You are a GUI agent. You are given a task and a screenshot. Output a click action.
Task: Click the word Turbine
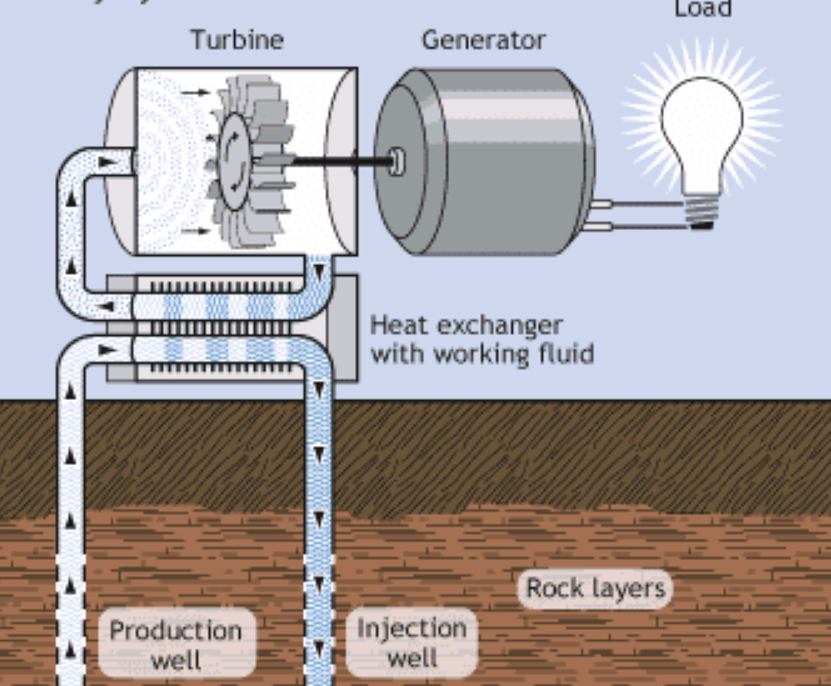(237, 39)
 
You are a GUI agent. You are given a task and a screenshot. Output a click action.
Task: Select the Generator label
(483, 39)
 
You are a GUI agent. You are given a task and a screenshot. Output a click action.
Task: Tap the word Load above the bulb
(703, 9)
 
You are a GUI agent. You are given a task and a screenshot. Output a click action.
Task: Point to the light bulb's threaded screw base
(702, 209)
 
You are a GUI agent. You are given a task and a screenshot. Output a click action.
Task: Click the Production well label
(176, 645)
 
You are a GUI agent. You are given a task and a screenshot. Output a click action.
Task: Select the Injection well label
(412, 643)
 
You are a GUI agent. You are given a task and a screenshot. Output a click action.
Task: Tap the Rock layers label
(596, 588)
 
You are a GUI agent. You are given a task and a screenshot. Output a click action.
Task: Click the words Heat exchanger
(466, 324)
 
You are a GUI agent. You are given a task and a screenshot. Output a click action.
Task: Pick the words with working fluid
(482, 353)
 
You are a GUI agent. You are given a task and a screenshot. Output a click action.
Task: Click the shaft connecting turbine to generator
(333, 158)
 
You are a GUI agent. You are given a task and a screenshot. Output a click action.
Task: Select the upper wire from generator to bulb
(642, 203)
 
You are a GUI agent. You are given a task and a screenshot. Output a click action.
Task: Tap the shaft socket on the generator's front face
(398, 160)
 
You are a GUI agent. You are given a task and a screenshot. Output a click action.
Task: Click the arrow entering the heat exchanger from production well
(108, 350)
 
